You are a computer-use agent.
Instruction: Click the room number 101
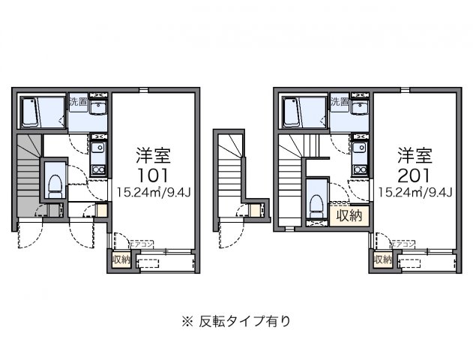pos(153,175)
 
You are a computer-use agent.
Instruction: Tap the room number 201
pos(415,175)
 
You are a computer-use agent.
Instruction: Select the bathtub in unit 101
pos(32,113)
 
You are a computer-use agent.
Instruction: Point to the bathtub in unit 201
pos(293,113)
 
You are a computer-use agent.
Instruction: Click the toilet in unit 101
pos(55,183)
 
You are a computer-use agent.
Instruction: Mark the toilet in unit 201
pos(316,201)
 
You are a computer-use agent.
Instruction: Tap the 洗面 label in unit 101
pos(78,101)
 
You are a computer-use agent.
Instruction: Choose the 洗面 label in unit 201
pos(339,101)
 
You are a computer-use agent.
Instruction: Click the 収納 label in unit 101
pos(120,259)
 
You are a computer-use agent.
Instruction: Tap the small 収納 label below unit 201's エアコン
pos(382,259)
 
